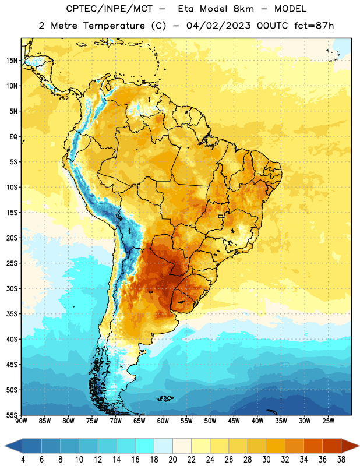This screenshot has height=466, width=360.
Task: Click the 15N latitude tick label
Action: pos(12,61)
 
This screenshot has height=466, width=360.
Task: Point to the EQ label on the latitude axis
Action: pos(13,137)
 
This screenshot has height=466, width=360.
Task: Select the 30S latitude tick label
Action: pos(12,288)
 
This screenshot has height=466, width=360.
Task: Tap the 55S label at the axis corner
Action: pos(12,415)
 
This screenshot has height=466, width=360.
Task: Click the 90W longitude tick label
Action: pos(21,421)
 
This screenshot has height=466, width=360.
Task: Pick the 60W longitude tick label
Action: pos(163,421)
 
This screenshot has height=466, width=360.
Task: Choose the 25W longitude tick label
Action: pos(328,421)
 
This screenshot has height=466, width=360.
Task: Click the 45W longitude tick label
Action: pos(234,421)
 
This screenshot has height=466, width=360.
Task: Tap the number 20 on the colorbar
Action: pos(172,460)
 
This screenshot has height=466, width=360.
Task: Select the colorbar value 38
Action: pos(341,460)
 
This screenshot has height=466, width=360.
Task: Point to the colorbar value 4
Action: pos(23,460)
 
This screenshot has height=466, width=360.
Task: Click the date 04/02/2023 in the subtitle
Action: pos(218,26)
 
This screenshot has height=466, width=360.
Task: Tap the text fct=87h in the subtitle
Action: pos(314,26)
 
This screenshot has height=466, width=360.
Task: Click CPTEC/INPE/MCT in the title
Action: pos(109,9)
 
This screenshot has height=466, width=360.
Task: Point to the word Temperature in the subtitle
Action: pos(114,26)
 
